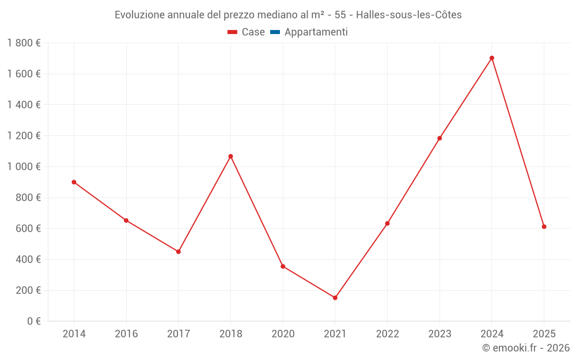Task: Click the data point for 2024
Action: click(492, 58)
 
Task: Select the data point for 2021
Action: click(335, 298)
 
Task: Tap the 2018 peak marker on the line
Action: click(230, 156)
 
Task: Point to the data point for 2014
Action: click(74, 182)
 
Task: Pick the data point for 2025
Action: click(544, 227)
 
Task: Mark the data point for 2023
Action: click(439, 138)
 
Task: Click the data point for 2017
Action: click(179, 252)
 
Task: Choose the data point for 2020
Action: click(283, 266)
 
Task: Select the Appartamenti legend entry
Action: click(316, 32)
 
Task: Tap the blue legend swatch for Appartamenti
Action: click(275, 32)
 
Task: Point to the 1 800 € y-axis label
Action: click(24, 43)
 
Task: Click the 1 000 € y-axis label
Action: click(24, 166)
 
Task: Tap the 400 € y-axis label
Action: click(28, 259)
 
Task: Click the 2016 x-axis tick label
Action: click(126, 334)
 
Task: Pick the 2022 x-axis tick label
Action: click(387, 334)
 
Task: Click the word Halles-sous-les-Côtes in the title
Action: click(409, 15)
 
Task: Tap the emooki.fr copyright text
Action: click(526, 348)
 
